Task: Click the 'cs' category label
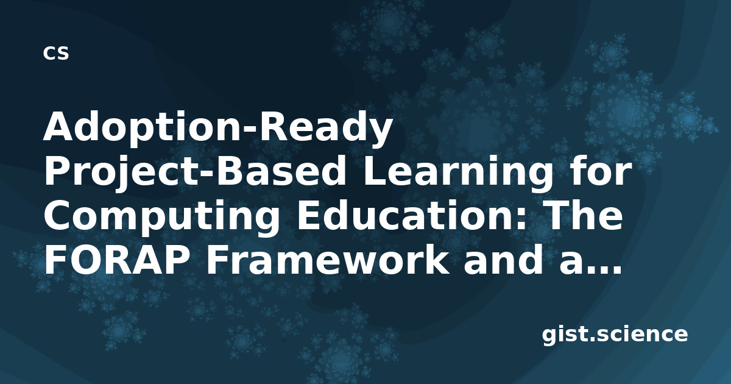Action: click(x=56, y=53)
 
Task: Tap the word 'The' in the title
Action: click(x=583, y=215)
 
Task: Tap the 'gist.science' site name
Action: click(x=615, y=335)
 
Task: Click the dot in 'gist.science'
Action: click(x=593, y=340)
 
